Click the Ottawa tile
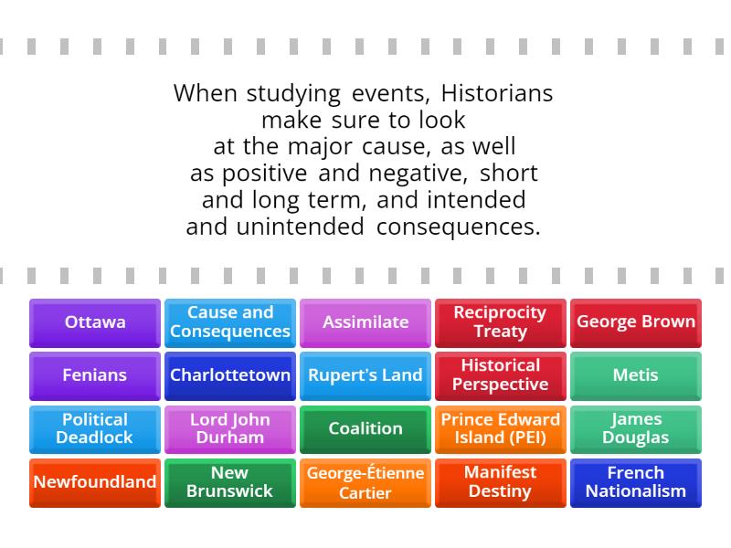(x=95, y=322)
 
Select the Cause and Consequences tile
(x=230, y=322)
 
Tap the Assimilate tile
(x=365, y=322)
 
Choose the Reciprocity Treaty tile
(x=501, y=322)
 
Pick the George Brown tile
(x=636, y=322)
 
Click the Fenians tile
(x=95, y=375)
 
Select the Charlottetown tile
(x=230, y=375)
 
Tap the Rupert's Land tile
(x=365, y=375)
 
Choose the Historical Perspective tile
(x=501, y=375)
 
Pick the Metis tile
(x=636, y=375)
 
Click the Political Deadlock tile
(x=95, y=428)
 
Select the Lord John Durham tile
(x=230, y=428)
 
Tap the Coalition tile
(x=365, y=428)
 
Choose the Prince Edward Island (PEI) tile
(x=501, y=428)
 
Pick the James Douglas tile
(x=636, y=428)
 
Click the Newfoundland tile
(x=95, y=482)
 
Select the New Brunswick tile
(x=230, y=482)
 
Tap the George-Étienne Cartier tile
(x=365, y=482)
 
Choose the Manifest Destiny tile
(x=501, y=482)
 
